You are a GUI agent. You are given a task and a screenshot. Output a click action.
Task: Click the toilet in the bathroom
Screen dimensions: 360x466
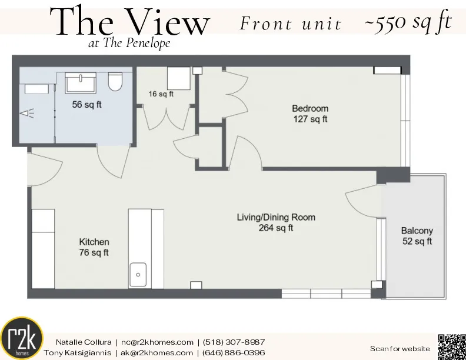(x=115, y=82)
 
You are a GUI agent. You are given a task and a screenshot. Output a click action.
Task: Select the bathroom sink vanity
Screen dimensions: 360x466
(x=80, y=83)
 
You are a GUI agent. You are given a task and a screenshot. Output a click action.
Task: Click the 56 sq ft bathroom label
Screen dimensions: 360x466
(x=87, y=105)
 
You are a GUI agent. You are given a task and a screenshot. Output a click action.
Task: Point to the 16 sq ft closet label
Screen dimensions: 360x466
(x=161, y=94)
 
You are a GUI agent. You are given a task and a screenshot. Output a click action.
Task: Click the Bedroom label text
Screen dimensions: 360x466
(x=310, y=109)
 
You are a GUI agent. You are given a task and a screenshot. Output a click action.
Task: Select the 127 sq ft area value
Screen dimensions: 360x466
(x=310, y=119)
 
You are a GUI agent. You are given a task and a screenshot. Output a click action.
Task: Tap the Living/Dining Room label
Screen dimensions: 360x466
(x=275, y=217)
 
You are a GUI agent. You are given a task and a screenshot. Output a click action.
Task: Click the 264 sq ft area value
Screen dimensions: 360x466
(x=275, y=228)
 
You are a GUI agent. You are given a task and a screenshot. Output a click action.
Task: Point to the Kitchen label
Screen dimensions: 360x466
(x=94, y=242)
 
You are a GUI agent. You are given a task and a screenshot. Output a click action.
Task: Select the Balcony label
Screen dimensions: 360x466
(x=417, y=231)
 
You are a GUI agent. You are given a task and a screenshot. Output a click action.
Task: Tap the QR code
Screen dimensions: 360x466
(x=451, y=346)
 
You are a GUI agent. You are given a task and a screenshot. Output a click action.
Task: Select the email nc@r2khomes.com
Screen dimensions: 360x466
(x=157, y=342)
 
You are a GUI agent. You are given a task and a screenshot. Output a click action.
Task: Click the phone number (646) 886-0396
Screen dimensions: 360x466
(x=234, y=352)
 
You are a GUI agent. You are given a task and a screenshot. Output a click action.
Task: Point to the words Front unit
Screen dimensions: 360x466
(x=290, y=24)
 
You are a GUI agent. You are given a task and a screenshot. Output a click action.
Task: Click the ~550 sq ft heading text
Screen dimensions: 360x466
(x=407, y=23)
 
